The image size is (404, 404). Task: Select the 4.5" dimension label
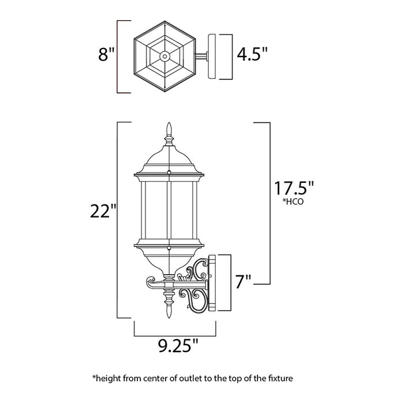(252, 55)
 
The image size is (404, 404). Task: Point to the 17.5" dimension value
(294, 189)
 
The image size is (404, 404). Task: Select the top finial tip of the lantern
(169, 126)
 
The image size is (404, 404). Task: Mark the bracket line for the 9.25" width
(175, 334)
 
